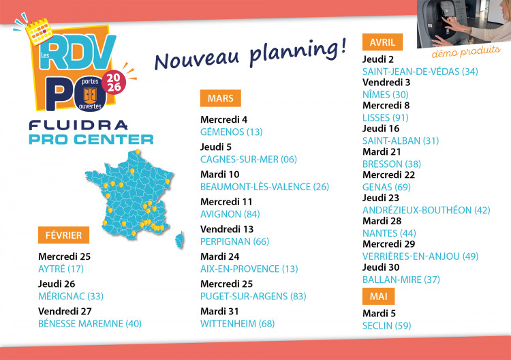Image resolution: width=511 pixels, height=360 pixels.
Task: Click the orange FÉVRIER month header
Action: [x=63, y=235]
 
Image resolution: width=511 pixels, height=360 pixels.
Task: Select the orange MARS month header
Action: [x=221, y=98]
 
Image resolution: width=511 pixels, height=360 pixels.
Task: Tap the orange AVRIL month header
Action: [x=382, y=42]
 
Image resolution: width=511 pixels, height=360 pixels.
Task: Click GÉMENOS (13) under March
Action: [x=231, y=132]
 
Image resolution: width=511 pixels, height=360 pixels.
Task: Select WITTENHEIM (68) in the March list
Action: [x=237, y=323]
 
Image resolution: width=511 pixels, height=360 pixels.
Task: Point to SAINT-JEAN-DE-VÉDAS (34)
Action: [x=420, y=72]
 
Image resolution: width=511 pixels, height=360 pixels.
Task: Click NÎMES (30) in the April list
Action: [x=386, y=95]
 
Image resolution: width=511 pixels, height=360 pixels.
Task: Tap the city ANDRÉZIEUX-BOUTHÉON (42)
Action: [x=426, y=210]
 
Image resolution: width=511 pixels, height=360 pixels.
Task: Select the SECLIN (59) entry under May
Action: [x=387, y=325]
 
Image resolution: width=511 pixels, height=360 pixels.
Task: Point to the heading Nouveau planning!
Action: [x=250, y=50]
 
